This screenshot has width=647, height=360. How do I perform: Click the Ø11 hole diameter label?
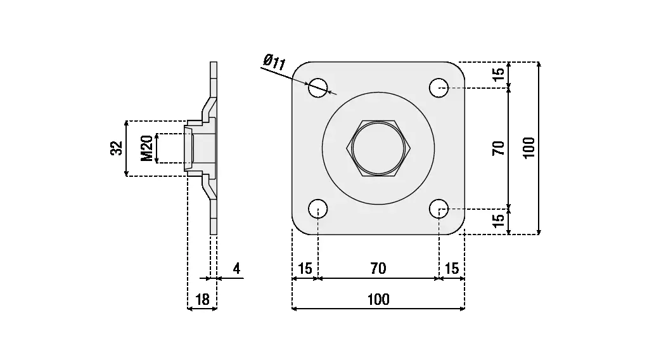click(274, 63)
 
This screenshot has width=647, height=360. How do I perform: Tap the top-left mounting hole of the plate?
click(318, 87)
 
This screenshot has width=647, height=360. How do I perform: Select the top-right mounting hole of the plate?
click(439, 87)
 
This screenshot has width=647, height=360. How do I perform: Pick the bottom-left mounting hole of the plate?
click(318, 208)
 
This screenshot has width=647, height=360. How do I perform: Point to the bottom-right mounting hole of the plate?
click(439, 208)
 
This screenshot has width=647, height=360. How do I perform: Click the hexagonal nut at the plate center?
click(378, 148)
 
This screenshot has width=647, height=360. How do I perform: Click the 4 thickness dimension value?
click(236, 269)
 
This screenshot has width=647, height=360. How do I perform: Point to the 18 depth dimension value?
click(202, 300)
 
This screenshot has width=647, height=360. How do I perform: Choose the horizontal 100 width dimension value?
click(378, 300)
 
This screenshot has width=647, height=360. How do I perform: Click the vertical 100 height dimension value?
click(530, 148)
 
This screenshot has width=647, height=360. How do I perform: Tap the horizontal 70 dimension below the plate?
click(378, 269)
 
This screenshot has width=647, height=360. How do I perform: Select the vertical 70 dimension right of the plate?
click(499, 148)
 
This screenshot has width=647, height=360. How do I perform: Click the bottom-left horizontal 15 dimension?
click(305, 269)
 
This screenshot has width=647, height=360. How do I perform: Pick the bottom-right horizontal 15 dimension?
click(452, 269)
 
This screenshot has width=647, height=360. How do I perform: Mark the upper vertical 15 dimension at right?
click(499, 74)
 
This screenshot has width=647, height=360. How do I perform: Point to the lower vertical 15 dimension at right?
click(499, 221)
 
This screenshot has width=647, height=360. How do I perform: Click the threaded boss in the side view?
click(198, 148)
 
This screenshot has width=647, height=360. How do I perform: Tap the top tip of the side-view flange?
click(214, 64)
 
